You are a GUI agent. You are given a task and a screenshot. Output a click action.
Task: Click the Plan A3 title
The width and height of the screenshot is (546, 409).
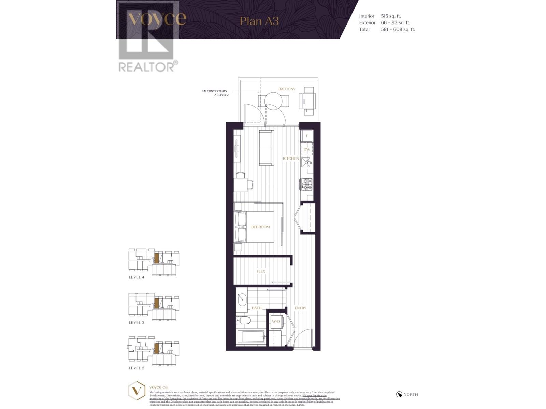coord(259,21)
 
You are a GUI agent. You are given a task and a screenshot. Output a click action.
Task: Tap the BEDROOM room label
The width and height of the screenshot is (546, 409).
coord(260,227)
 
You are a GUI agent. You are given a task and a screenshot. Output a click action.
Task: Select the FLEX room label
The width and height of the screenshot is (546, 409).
coord(261,271)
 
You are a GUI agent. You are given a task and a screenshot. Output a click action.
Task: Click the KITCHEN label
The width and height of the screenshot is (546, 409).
coord(290,158)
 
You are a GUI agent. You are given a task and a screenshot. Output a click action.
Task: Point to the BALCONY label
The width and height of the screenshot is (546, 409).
coord(287,89)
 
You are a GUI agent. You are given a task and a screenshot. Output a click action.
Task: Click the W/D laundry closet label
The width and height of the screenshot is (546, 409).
coord(276,322)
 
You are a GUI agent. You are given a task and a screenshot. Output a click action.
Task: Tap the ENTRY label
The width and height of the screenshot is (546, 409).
coord(300,308)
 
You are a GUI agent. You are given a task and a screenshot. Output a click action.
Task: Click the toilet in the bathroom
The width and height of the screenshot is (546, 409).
coord(244,320)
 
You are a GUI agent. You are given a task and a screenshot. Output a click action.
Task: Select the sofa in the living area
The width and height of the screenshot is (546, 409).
coord(266,148)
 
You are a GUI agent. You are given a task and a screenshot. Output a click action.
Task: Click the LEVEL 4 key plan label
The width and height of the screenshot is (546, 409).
coord(136,277)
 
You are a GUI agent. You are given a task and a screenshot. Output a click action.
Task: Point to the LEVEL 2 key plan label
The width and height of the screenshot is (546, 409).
coord(136,368)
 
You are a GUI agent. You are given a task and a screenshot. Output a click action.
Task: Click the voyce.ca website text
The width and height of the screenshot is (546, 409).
coord(158,387)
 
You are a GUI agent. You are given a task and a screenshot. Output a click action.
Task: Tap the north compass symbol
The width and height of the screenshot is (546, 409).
coord(399,394)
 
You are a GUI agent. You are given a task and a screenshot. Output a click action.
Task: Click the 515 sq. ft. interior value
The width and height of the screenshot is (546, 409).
coord(391,16)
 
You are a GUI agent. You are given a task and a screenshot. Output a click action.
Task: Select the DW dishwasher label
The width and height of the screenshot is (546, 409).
coord(306,149)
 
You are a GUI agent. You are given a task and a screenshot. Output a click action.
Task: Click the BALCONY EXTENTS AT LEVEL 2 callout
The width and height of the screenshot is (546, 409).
coord(215,93)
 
